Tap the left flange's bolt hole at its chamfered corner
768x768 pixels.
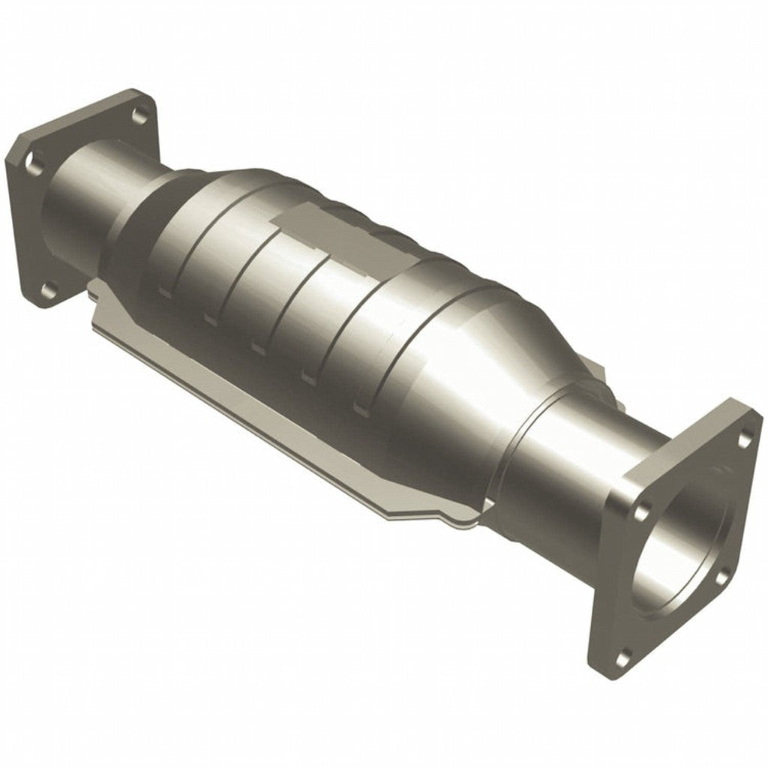tap(31, 159)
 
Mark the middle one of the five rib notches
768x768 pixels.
tap(258, 347)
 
